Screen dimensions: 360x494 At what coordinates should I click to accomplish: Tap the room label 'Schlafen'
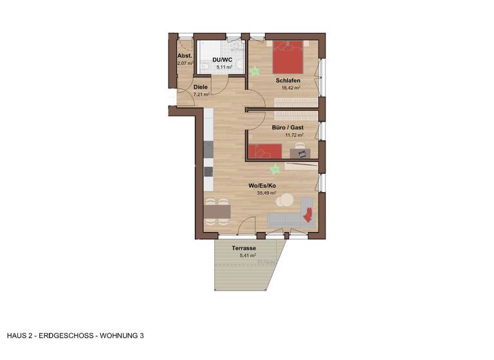pyautogui.click(x=288, y=80)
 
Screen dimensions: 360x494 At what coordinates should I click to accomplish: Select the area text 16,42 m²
pyautogui.click(x=288, y=88)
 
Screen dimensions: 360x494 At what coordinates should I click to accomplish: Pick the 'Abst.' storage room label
pyautogui.click(x=184, y=56)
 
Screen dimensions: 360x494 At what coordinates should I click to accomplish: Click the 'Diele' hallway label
pyautogui.click(x=201, y=87)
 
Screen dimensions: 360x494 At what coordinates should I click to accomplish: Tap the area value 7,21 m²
pyautogui.click(x=201, y=94)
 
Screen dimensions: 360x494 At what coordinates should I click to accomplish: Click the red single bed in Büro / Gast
pyautogui.click(x=266, y=151)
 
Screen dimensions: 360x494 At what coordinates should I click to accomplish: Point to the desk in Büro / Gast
pyautogui.click(x=299, y=152)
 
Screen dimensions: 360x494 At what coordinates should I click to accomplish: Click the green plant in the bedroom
pyautogui.click(x=255, y=69)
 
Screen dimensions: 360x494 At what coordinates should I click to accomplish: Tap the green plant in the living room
pyautogui.click(x=275, y=169)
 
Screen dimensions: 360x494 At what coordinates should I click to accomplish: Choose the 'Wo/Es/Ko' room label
pyautogui.click(x=262, y=185)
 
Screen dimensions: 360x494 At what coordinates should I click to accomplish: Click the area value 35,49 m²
pyautogui.click(x=263, y=193)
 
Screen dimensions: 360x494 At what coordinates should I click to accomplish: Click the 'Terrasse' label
pyautogui.click(x=244, y=248)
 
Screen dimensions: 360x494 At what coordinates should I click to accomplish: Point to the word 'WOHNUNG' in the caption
pyautogui.click(x=118, y=336)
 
